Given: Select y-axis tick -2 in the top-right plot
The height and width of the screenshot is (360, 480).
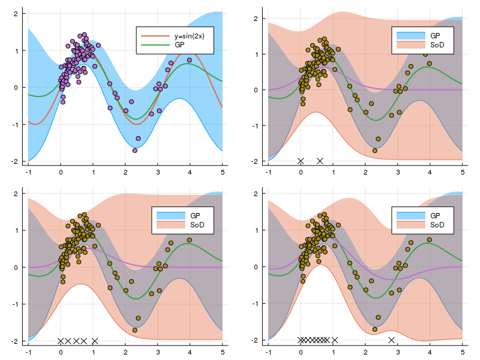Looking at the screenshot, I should pyautogui.click(x=256, y=161).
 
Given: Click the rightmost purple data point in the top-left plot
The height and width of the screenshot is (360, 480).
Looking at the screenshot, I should pyautogui.click(x=190, y=60).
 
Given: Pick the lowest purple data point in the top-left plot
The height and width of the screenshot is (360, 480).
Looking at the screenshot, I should pyautogui.click(x=135, y=150).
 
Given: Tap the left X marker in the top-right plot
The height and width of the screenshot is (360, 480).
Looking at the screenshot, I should pyautogui.click(x=301, y=161).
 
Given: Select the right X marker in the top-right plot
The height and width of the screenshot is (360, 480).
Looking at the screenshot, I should pyautogui.click(x=320, y=161).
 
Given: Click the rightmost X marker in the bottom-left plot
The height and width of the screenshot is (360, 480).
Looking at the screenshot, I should pyautogui.click(x=95, y=341).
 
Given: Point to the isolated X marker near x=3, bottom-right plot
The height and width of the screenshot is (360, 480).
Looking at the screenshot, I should pyautogui.click(x=392, y=340).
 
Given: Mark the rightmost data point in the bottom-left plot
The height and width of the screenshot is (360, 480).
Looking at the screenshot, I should pyautogui.click(x=190, y=240).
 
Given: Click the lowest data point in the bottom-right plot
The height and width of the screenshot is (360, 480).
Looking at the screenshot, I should pyautogui.click(x=375, y=329).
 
